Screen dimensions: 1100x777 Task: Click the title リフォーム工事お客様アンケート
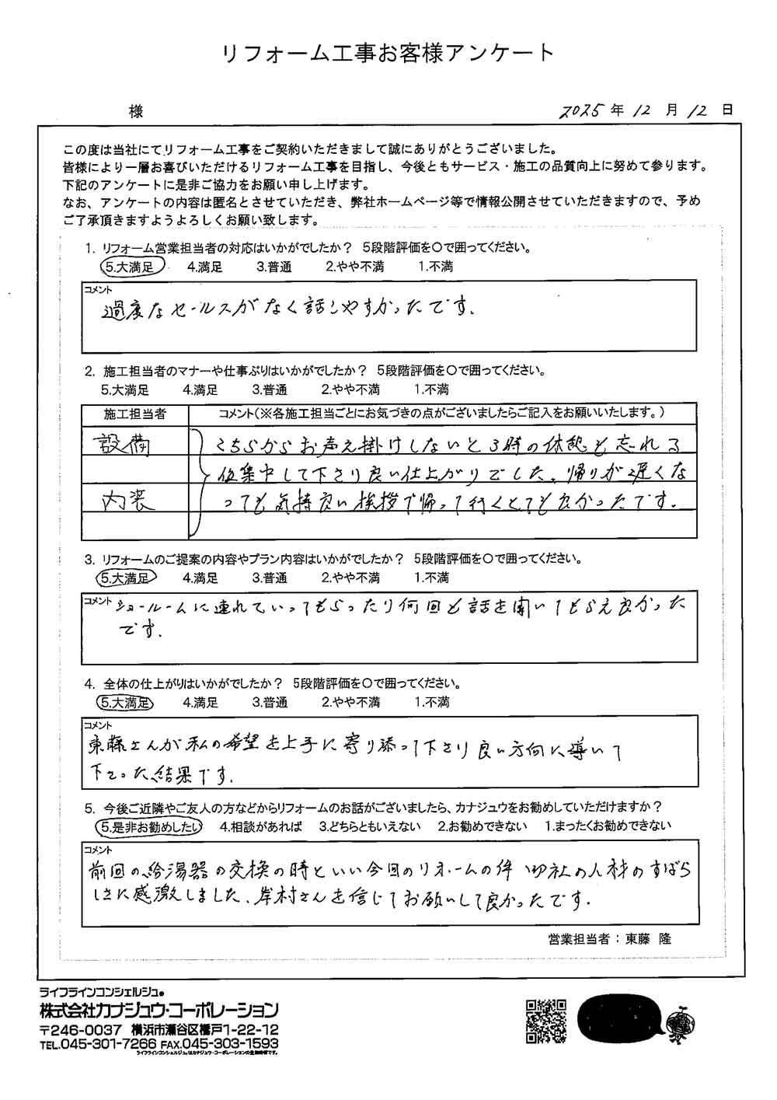pos(388,53)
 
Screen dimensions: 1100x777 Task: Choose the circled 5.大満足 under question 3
pos(126,578)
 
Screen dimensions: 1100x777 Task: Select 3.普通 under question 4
pos(270,702)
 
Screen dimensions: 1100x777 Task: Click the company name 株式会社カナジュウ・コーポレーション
pos(159,1011)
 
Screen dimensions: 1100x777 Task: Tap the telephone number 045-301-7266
pos(101,1043)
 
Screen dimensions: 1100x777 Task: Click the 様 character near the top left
pos(137,112)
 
